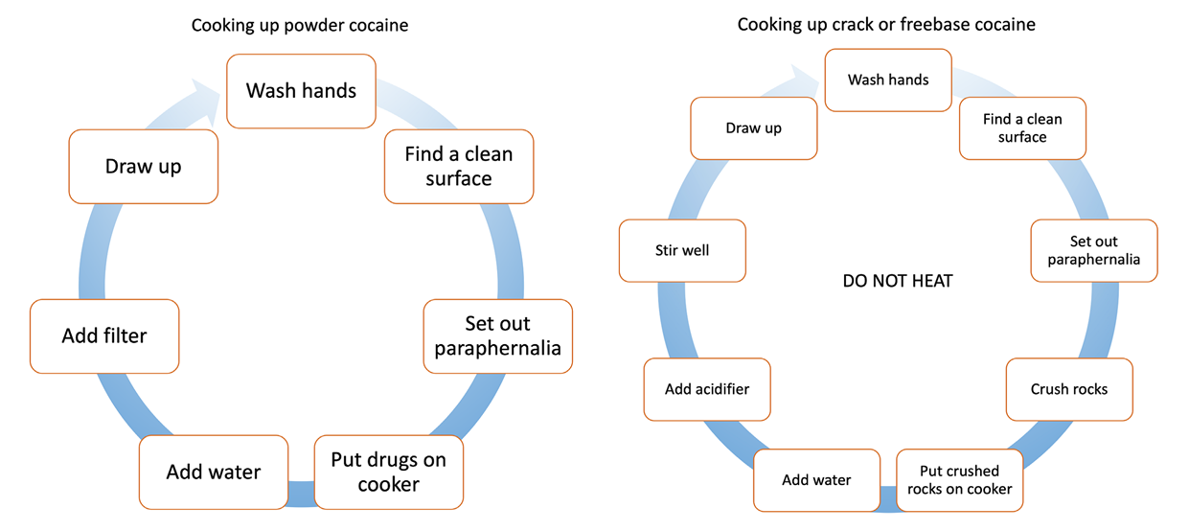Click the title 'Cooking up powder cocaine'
click(300, 25)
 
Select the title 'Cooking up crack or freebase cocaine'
click(886, 25)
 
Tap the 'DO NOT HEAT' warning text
click(898, 281)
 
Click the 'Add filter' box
click(104, 336)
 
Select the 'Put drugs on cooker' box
click(388, 473)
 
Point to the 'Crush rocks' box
click(1069, 389)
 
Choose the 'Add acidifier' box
click(707, 389)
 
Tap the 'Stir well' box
click(682, 251)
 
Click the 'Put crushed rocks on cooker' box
click(959, 480)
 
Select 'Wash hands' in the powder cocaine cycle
click(301, 91)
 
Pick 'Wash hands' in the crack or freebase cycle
click(888, 80)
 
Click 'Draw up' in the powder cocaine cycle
click(144, 167)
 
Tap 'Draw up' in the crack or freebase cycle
click(754, 128)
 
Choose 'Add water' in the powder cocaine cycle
click(214, 472)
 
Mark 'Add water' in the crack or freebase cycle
click(816, 480)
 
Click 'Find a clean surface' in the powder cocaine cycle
click(459, 167)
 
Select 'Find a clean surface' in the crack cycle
click(1022, 128)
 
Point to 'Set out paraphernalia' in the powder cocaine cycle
click(498, 336)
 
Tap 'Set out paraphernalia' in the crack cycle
click(1094, 251)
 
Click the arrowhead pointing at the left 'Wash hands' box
click(208, 93)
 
